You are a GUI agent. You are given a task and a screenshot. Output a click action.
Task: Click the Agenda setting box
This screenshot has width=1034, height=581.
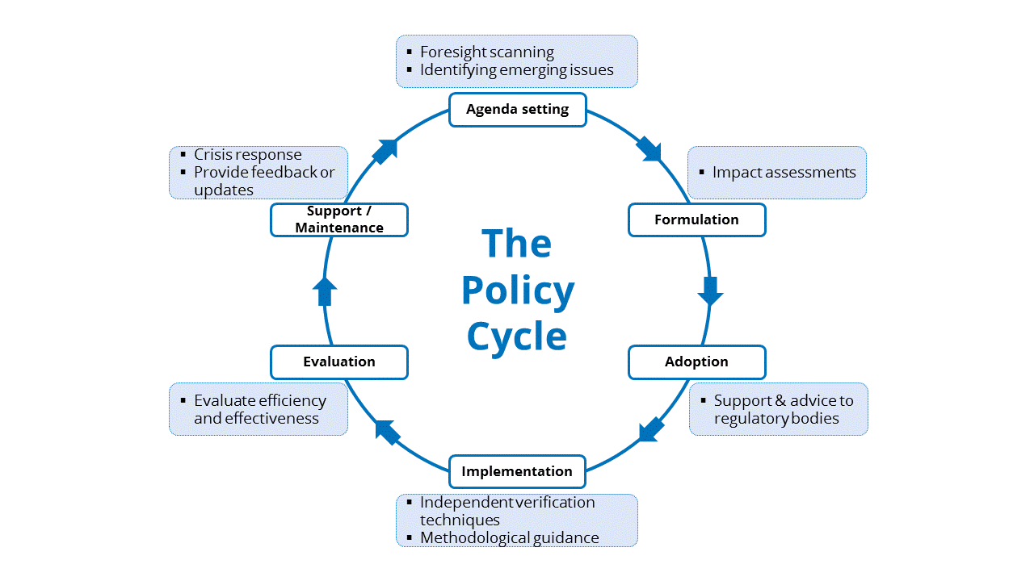[x=517, y=109]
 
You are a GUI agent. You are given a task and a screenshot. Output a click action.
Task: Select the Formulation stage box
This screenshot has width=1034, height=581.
[x=696, y=219]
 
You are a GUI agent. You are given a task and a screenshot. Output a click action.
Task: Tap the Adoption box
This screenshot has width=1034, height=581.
[x=696, y=362]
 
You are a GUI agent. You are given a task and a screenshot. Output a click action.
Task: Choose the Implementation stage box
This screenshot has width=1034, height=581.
[x=517, y=471]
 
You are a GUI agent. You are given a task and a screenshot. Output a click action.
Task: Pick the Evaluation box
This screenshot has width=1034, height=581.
[x=339, y=362]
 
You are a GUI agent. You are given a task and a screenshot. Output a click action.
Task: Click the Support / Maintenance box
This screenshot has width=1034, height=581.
[x=339, y=219]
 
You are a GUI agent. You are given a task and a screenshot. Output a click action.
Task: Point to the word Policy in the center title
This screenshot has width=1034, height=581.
[x=517, y=290]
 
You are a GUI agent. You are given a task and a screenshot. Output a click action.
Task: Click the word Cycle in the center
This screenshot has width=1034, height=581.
[x=517, y=336]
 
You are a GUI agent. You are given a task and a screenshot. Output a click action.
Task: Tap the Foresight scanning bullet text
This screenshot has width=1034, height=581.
[x=486, y=52]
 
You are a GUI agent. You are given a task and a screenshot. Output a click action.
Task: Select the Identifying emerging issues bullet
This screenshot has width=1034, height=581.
[x=516, y=70]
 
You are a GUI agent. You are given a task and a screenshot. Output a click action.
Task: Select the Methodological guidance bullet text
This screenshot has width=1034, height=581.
[x=509, y=537]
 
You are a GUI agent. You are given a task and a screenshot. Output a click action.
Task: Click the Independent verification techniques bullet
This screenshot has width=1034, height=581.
[x=506, y=510]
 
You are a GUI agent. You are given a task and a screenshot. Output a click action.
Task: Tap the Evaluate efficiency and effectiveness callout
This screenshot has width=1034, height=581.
[x=259, y=409]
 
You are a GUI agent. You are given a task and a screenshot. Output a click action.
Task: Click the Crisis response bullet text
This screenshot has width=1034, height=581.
[x=247, y=154]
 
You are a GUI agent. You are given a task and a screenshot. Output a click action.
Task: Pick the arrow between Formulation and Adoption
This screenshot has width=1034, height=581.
[x=710, y=290]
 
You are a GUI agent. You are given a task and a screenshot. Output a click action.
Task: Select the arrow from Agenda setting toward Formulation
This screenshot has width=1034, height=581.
[x=649, y=148]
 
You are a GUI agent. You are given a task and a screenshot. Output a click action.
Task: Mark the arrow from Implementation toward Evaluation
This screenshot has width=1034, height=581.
[x=387, y=432]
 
